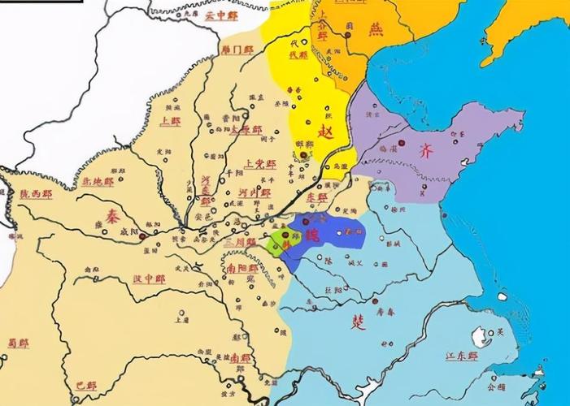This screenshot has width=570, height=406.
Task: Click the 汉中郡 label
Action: pyautogui.click(x=149, y=279)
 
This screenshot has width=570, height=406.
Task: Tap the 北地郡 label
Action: pyautogui.click(x=97, y=182)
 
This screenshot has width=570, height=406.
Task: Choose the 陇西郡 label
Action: pyautogui.click(x=36, y=195)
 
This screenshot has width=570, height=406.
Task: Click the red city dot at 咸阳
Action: pyautogui.click(x=143, y=236)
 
